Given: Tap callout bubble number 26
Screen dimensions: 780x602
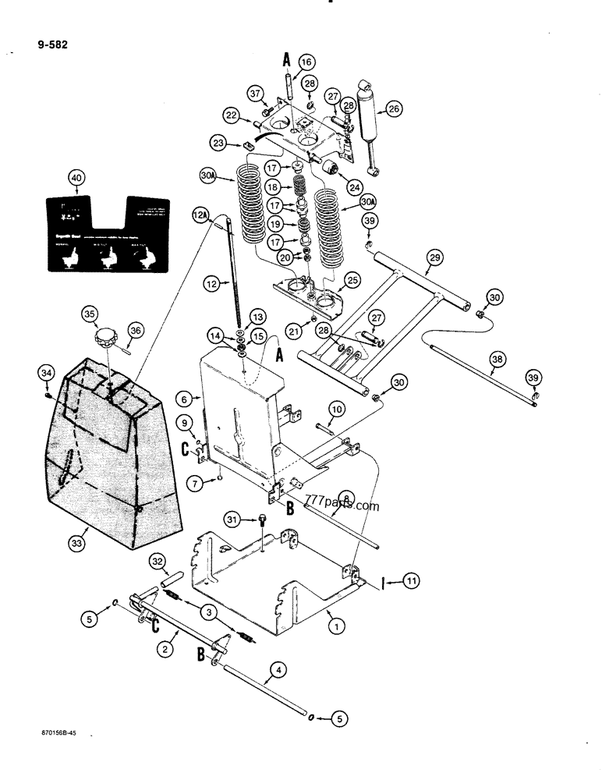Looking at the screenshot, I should tap(393, 109).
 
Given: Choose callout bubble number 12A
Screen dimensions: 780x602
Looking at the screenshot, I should tap(200, 215).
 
